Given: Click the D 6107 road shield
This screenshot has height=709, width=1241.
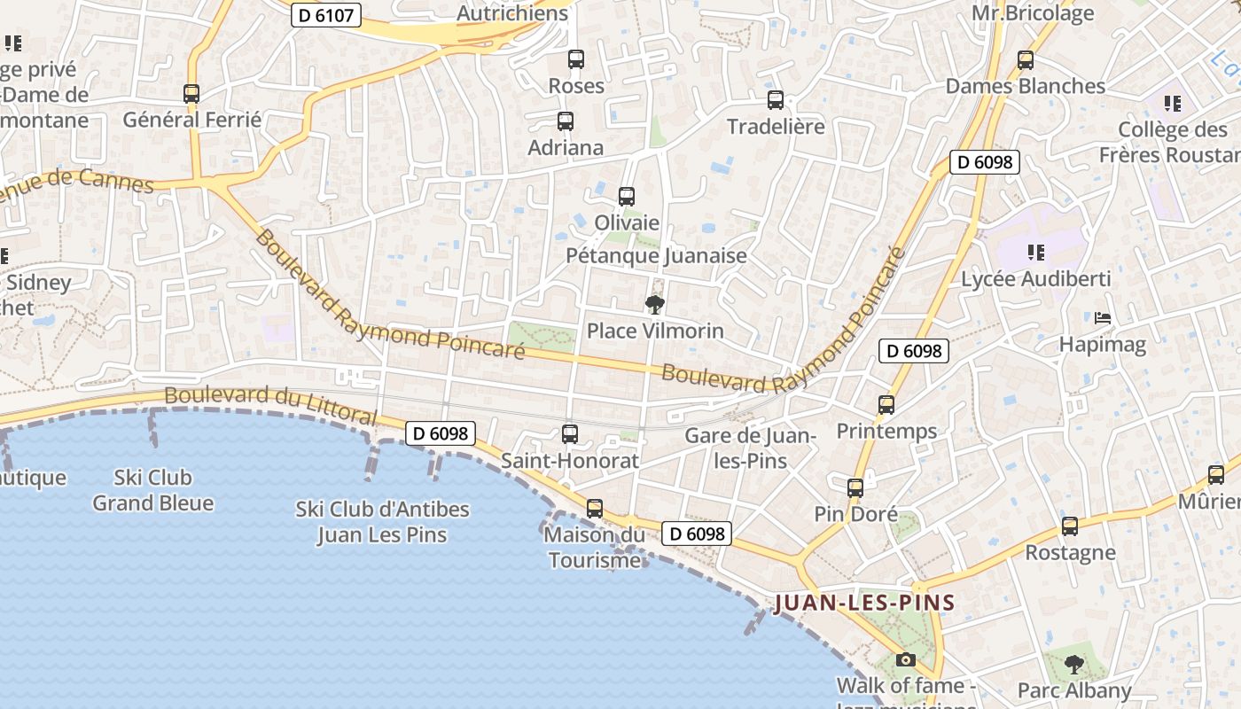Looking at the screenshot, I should [x=326, y=14].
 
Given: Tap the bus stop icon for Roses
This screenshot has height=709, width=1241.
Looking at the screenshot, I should [x=576, y=59].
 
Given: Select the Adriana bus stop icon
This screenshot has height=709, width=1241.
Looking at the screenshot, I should [x=566, y=121].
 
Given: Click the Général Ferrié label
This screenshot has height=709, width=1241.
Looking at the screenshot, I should [x=192, y=120].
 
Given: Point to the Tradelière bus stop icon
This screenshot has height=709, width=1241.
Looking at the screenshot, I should [x=776, y=100].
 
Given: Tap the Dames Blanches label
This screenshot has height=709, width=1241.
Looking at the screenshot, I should [x=1026, y=86].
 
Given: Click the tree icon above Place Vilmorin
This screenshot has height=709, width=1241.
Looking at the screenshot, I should [x=655, y=306].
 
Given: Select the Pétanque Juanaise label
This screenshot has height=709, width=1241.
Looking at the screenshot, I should [x=656, y=256].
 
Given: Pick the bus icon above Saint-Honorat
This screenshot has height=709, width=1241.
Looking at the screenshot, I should [x=570, y=434].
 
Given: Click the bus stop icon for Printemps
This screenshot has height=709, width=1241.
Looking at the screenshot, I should [x=886, y=405].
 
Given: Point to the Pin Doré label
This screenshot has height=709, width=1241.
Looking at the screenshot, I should [x=856, y=514].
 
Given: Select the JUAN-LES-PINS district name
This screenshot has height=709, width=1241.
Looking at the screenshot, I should [x=864, y=604].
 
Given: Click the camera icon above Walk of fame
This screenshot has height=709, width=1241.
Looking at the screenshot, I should [x=905, y=659].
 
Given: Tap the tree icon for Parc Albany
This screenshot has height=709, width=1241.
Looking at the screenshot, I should [x=1074, y=664].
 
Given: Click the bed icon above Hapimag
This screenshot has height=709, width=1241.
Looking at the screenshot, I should [x=1103, y=317].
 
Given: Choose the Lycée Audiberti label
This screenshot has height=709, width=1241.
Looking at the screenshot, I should [x=1036, y=279].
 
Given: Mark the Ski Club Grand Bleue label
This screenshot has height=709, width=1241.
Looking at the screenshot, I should [x=153, y=490].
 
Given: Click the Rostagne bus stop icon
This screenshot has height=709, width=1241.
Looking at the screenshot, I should [x=1070, y=526].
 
